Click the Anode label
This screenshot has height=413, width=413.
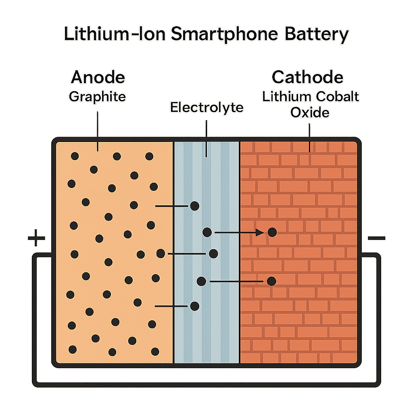coord(98,77)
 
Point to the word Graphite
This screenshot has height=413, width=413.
coord(97,97)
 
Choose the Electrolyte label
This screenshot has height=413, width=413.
coord(206,107)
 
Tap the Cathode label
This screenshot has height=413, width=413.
coord(307,77)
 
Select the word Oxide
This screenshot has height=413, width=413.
coord(310,112)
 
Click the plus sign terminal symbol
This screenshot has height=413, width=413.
coord(36,238)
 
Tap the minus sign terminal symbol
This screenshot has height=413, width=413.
coord(376,238)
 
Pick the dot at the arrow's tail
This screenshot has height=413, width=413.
coord(207,232)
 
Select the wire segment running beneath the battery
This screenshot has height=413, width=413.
coord(206,384)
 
